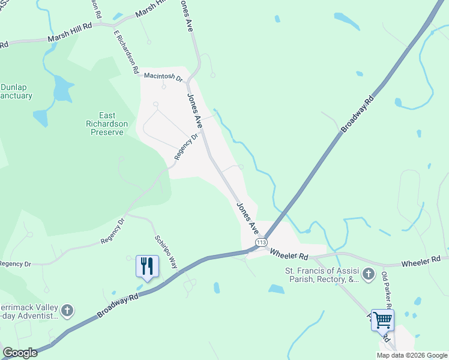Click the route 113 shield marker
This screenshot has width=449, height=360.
[x=261, y=242]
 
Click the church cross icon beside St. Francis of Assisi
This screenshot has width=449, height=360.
[x=369, y=275]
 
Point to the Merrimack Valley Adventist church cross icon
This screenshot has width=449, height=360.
[x=68, y=311]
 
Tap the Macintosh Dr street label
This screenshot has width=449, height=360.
[x=163, y=77]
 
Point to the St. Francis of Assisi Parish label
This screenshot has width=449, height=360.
[x=322, y=274]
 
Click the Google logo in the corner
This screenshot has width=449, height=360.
[x=20, y=353]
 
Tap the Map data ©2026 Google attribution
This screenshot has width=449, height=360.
[x=412, y=355]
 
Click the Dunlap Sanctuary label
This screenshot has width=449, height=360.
[x=16, y=91]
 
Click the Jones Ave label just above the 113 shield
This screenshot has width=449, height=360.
[x=247, y=218]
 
